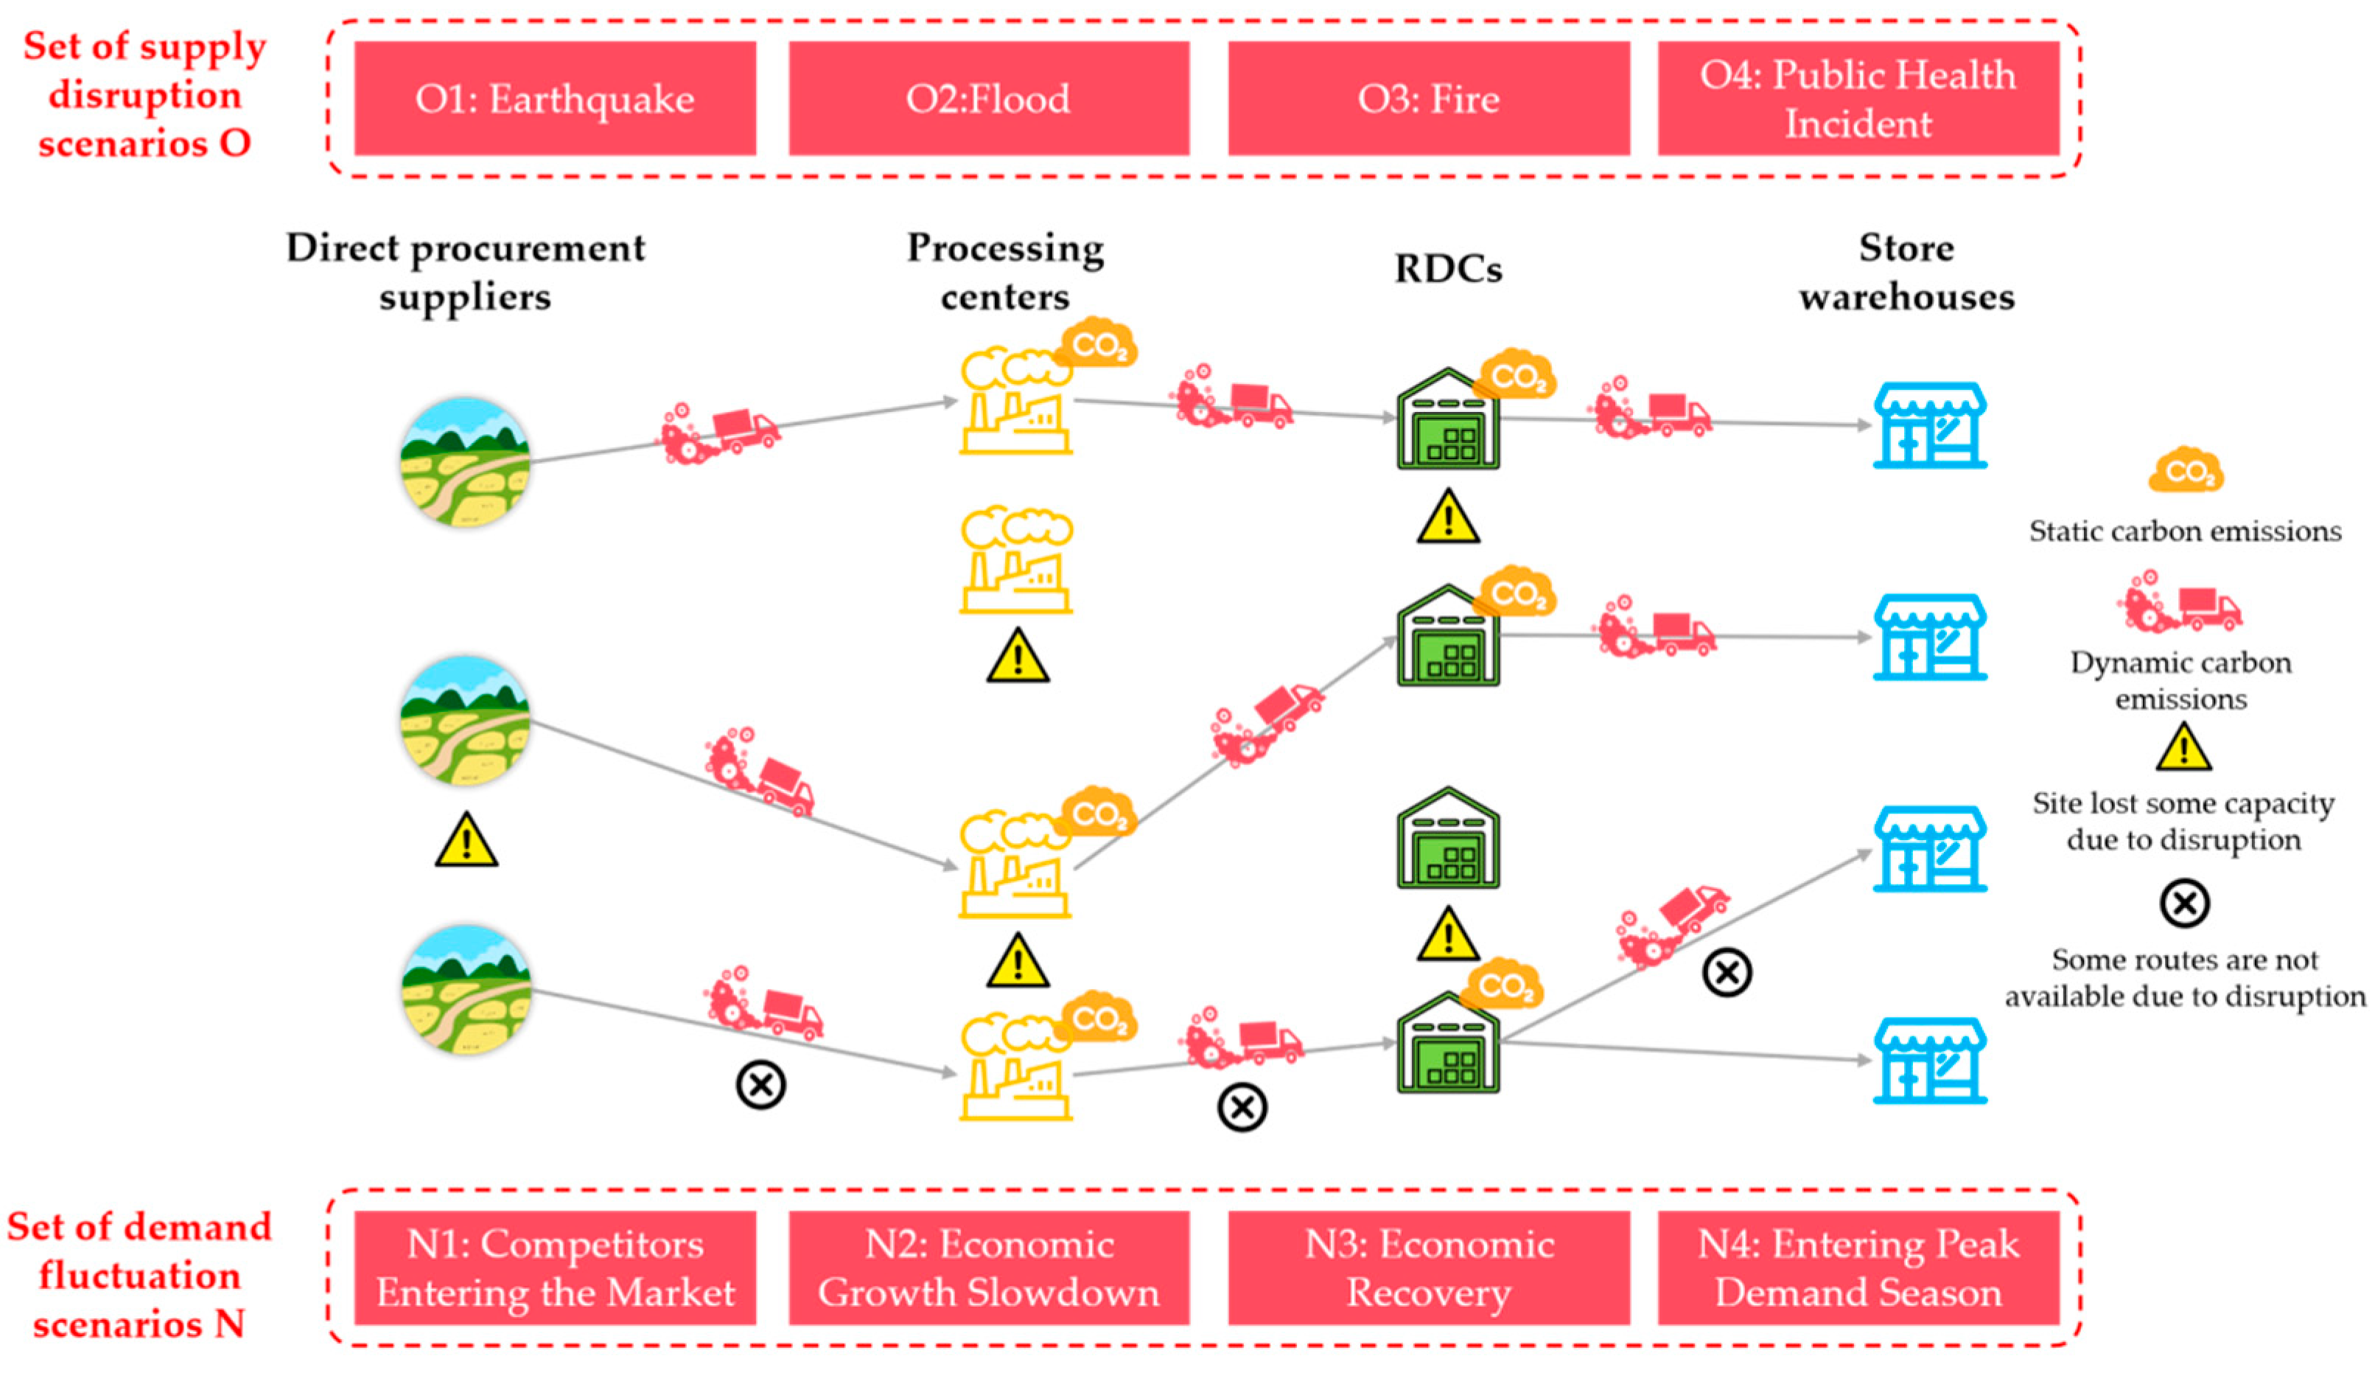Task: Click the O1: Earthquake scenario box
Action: [x=555, y=98]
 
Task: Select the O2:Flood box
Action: [x=989, y=98]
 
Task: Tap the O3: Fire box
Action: [x=1429, y=98]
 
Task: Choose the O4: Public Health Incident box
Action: [x=1858, y=98]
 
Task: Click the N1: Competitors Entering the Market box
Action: [x=555, y=1268]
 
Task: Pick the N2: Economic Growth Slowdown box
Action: [x=989, y=1268]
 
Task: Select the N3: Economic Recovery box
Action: [x=1429, y=1268]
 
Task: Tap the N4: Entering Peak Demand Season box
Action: [x=1858, y=1268]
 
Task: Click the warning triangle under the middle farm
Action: [x=466, y=839]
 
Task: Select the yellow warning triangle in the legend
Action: [x=2183, y=747]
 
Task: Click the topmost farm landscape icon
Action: [x=466, y=462]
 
